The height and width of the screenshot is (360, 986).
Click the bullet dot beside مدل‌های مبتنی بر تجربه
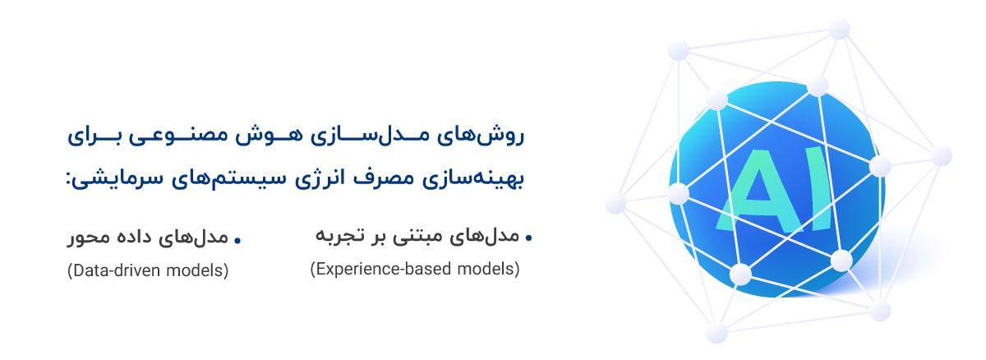pyautogui.click(x=528, y=238)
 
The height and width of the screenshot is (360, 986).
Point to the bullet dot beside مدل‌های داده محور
pyautogui.click(x=237, y=240)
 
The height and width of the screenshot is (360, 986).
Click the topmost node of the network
pyautogui.click(x=839, y=29)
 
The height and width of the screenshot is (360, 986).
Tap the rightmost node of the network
pyautogui.click(x=942, y=155)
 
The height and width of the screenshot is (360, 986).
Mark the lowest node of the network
pyautogui.click(x=716, y=332)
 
